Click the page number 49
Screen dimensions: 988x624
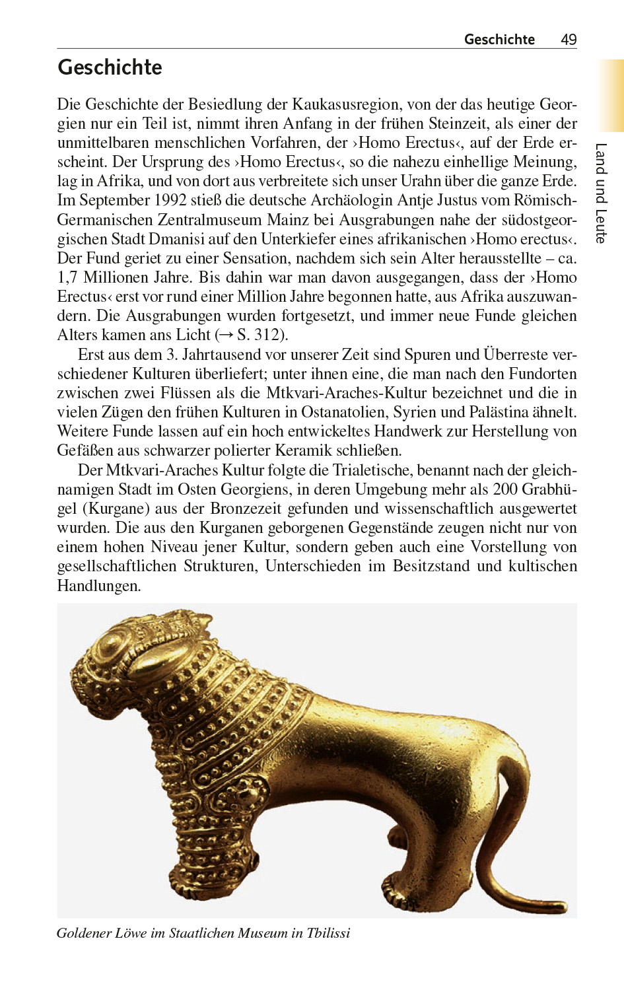pos(568,40)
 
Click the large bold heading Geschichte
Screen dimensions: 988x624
pos(110,67)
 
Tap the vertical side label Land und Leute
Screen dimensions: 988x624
pos(600,193)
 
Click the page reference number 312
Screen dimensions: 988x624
pos(267,335)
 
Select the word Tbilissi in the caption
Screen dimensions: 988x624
pos(328,933)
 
